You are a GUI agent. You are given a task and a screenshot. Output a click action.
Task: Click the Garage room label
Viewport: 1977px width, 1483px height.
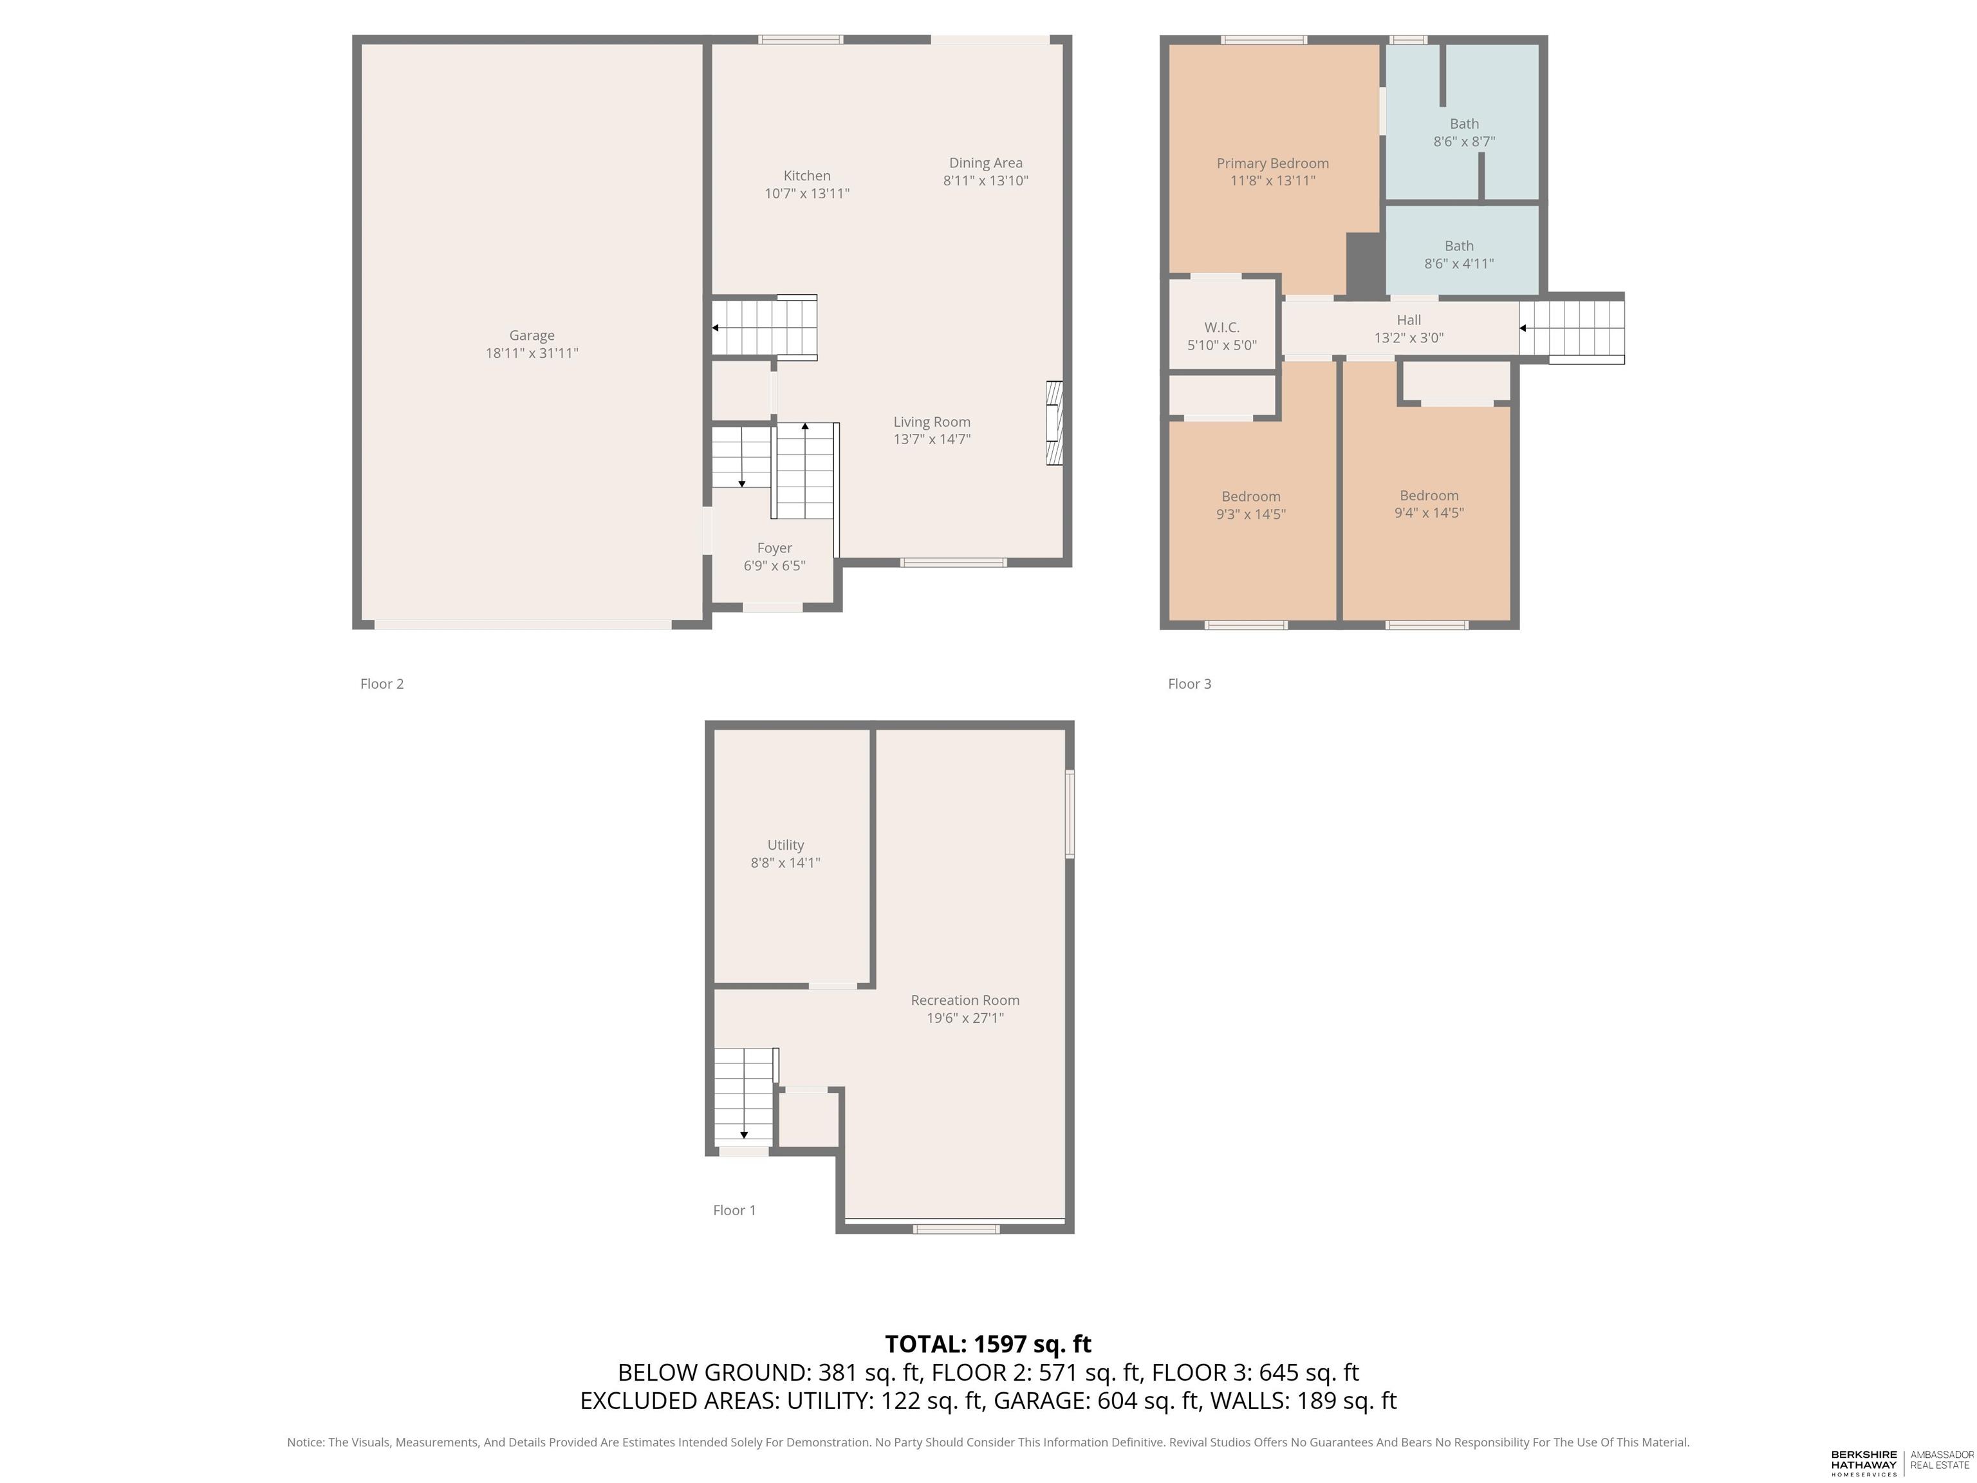pos(532,335)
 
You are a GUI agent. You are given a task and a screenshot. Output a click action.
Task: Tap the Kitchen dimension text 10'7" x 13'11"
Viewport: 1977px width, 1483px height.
pos(807,193)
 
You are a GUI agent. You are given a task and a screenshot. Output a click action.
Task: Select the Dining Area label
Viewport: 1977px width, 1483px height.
pos(986,163)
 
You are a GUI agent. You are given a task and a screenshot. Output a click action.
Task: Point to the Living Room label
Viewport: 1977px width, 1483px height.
pos(933,422)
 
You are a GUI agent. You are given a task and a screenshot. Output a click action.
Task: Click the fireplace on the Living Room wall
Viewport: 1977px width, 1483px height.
pos(1055,424)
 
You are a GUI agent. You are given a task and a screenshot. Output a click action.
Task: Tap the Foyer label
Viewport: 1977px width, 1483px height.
pos(775,548)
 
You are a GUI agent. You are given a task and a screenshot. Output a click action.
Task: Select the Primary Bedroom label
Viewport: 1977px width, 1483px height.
pos(1273,163)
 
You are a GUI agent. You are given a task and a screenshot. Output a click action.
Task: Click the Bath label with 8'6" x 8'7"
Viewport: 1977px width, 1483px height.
pos(1464,124)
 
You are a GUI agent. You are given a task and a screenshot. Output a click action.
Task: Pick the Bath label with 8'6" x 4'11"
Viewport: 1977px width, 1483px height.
pos(1460,246)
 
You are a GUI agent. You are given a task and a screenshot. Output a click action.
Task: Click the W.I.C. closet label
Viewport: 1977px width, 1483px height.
pos(1221,327)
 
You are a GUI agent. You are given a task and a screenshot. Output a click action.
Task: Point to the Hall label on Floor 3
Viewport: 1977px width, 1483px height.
pos(1409,320)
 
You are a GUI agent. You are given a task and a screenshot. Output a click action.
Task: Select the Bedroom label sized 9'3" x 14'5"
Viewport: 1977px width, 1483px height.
pos(1251,497)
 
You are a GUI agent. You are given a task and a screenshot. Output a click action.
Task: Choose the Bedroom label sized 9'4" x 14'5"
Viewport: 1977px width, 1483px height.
pos(1429,495)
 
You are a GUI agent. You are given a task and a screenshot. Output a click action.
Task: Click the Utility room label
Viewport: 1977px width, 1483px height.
pos(786,844)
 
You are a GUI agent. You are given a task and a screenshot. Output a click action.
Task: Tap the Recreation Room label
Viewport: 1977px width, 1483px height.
pos(965,1000)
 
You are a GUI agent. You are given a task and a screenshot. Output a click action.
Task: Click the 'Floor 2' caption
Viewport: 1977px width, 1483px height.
pos(382,684)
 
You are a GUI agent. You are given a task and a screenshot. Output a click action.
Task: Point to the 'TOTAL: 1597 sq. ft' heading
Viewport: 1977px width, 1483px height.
pos(988,1343)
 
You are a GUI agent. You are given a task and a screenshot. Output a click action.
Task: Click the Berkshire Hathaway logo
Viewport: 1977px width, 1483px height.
pos(1864,1462)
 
